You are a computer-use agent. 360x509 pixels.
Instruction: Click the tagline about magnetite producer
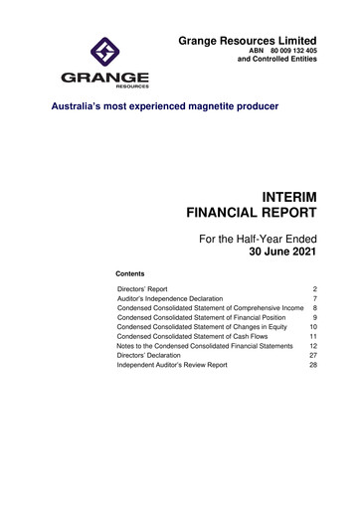click(x=165, y=107)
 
